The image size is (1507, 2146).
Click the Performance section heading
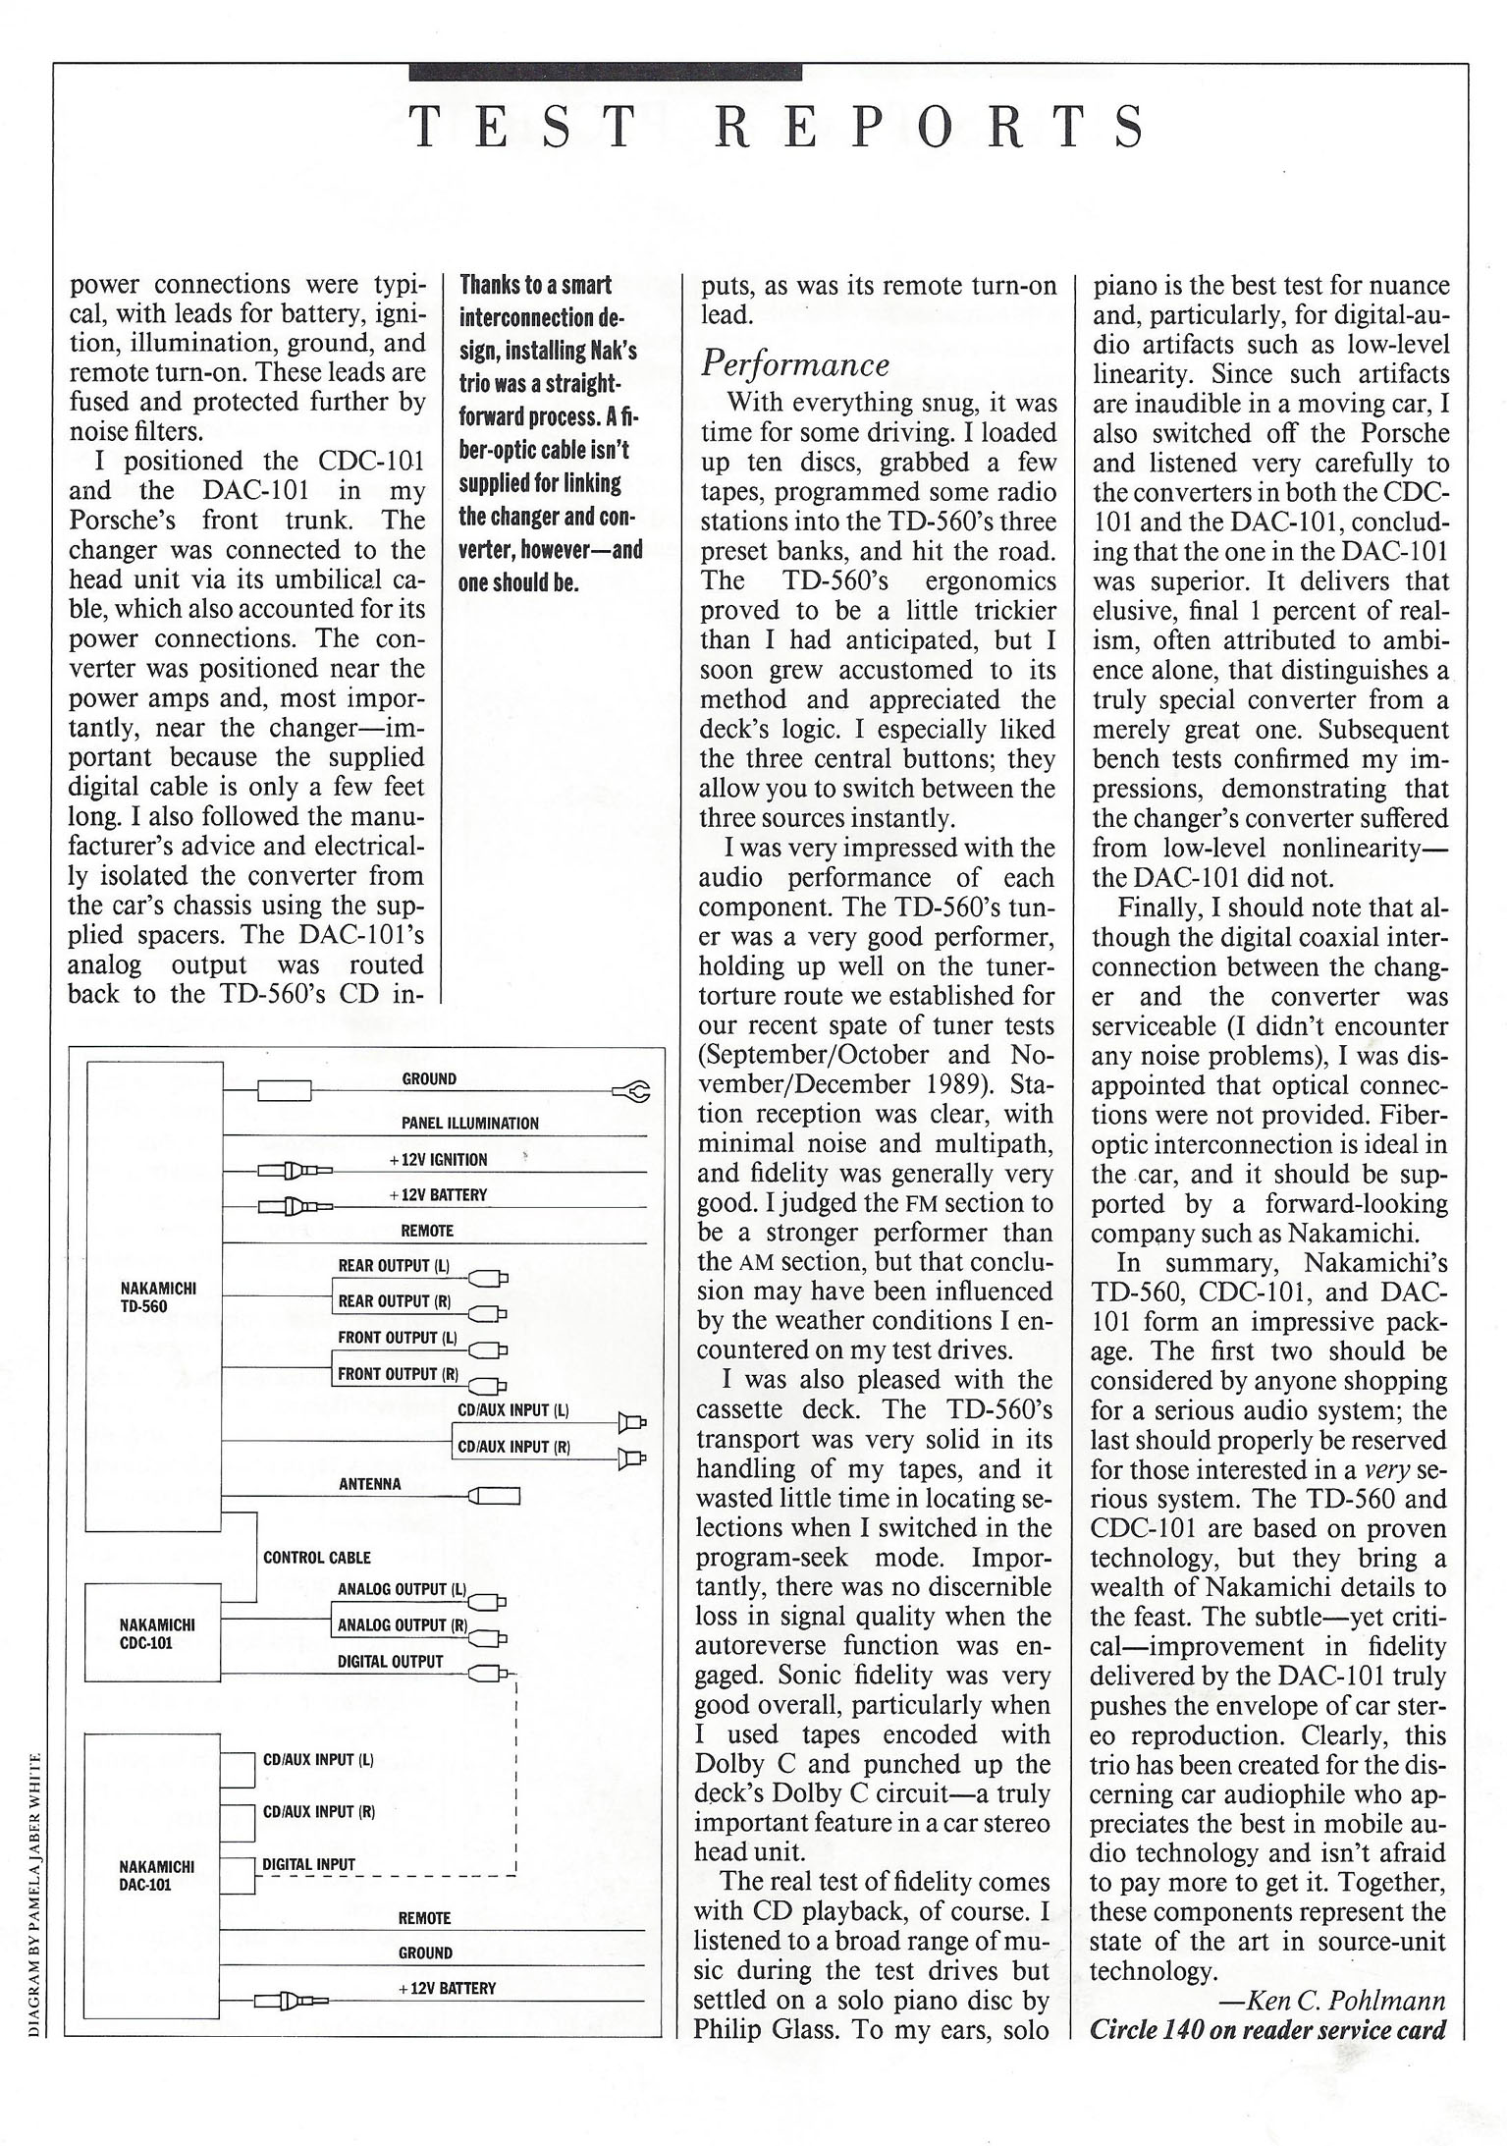(795, 363)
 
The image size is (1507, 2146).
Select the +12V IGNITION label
(438, 1159)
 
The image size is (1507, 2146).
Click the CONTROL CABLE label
(317, 1557)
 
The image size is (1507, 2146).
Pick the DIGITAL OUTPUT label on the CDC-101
(390, 1662)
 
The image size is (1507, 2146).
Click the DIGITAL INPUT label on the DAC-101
(308, 1864)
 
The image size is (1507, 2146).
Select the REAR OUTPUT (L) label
(394, 1266)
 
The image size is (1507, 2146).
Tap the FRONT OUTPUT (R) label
(398, 1374)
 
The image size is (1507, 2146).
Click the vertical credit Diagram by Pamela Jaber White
(35, 1892)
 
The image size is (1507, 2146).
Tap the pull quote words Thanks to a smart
(535, 285)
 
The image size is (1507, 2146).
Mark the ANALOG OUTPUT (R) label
(402, 1625)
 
